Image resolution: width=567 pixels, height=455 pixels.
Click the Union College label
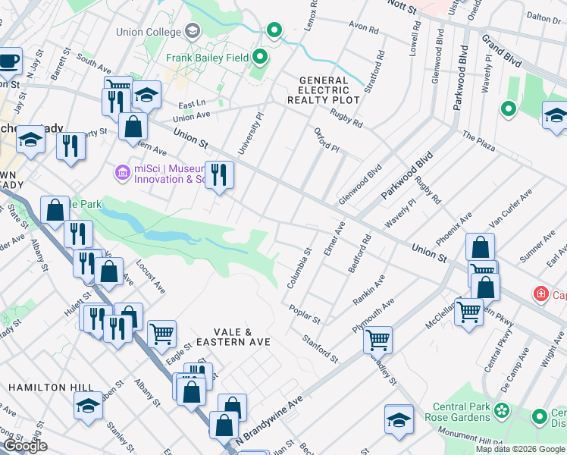[149, 32]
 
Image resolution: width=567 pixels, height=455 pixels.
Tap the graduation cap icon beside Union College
[193, 31]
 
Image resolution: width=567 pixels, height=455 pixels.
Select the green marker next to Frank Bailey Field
[260, 57]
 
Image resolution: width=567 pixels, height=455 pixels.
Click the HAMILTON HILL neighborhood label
[39, 388]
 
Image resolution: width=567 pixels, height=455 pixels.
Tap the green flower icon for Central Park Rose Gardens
[501, 411]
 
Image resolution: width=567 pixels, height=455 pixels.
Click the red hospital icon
[540, 293]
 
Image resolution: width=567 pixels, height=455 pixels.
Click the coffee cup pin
[9, 61]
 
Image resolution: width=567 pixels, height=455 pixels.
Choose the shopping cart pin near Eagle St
[161, 333]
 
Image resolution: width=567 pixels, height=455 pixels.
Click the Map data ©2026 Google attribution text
[521, 449]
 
